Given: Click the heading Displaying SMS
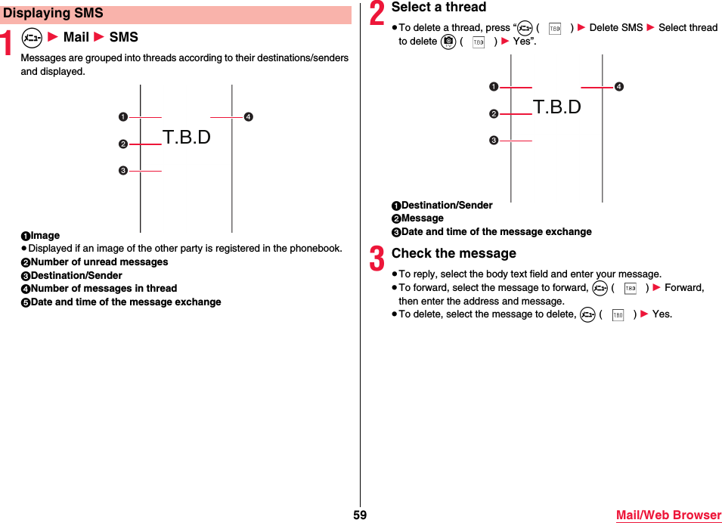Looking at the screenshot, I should click(x=54, y=14).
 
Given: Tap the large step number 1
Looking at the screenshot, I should click(x=8, y=44).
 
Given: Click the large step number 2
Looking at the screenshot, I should click(x=377, y=14).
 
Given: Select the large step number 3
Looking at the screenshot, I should click(x=377, y=260).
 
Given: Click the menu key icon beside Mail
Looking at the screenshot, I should click(x=31, y=37).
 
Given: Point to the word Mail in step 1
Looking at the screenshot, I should click(x=76, y=37).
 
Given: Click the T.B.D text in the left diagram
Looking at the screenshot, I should click(x=187, y=138).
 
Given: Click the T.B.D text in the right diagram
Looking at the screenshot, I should click(x=557, y=107).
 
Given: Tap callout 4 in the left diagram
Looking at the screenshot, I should click(x=248, y=117).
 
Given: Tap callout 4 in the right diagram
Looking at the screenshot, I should click(x=618, y=87).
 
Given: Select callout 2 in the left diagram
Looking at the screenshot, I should click(x=122, y=144).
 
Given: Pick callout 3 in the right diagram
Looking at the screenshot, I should click(x=492, y=141).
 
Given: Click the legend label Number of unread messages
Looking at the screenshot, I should click(x=99, y=262).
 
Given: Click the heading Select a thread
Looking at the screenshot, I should click(x=438, y=8).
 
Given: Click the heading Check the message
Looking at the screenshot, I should click(x=454, y=253).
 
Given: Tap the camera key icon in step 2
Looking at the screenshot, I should click(x=448, y=42).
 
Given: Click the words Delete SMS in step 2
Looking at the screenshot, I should click(x=615, y=28).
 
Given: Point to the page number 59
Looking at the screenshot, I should click(x=360, y=515).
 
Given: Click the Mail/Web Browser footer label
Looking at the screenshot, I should click(x=668, y=515).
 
